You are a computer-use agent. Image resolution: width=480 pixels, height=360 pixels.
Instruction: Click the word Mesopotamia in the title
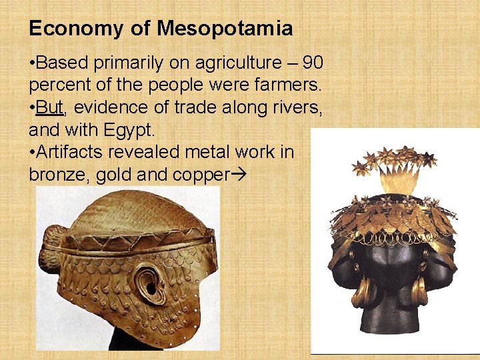pyautogui.click(x=225, y=29)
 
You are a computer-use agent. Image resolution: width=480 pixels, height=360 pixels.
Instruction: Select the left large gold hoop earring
pyautogui.click(x=363, y=291)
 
